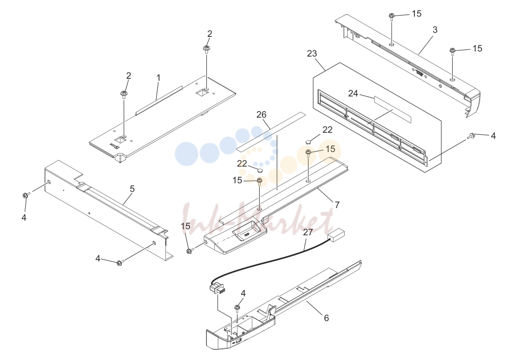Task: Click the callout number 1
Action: (159, 78)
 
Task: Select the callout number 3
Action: (435, 30)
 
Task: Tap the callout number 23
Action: (312, 54)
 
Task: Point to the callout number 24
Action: (353, 94)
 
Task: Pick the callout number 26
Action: (261, 115)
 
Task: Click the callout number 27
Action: (308, 232)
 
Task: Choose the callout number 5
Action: (132, 189)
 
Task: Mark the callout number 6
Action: (326, 318)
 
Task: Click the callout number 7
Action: (337, 205)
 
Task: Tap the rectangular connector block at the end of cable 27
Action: (336, 236)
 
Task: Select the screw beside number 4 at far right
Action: (471, 135)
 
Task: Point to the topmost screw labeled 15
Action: (392, 16)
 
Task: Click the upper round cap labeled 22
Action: (308, 142)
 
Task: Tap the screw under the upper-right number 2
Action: (207, 49)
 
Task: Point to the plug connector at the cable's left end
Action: (217, 288)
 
